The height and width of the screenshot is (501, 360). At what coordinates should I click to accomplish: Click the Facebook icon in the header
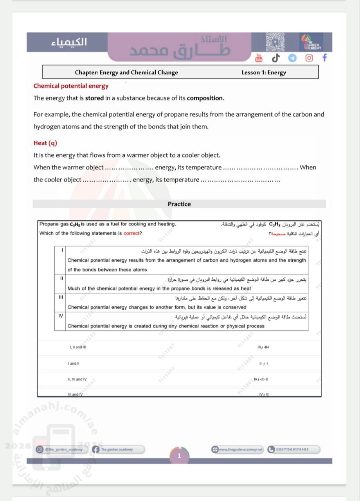[x=324, y=58]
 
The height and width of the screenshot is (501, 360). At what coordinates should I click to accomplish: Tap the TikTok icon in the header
[x=275, y=58]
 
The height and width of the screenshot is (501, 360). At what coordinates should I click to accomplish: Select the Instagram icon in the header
[x=309, y=58]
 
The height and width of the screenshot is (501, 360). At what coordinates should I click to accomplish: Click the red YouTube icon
[x=259, y=58]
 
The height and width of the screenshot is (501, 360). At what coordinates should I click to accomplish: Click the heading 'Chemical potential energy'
[x=71, y=86]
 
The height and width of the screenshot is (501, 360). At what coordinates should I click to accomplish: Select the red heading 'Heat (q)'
[x=45, y=143]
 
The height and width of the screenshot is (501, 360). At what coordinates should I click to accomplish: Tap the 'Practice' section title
[x=179, y=204]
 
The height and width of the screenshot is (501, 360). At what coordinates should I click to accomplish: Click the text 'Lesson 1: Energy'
[x=264, y=72]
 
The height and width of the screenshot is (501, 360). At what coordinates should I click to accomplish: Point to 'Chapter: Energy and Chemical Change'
[x=126, y=72]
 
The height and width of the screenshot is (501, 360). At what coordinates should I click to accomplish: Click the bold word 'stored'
[x=94, y=98]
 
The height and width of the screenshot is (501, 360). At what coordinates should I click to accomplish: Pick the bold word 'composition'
[x=205, y=98]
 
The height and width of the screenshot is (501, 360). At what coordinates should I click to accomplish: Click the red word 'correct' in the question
[x=131, y=233]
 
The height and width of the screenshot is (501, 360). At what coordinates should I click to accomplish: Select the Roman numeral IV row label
[x=61, y=315]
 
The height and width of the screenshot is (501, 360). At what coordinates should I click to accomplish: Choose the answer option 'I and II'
[x=74, y=364]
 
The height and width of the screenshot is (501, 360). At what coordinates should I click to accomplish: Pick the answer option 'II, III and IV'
[x=77, y=379]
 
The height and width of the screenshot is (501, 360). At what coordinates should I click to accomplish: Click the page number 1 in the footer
[x=179, y=456]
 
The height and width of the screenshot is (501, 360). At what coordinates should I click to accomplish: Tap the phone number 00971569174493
[x=293, y=449]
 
